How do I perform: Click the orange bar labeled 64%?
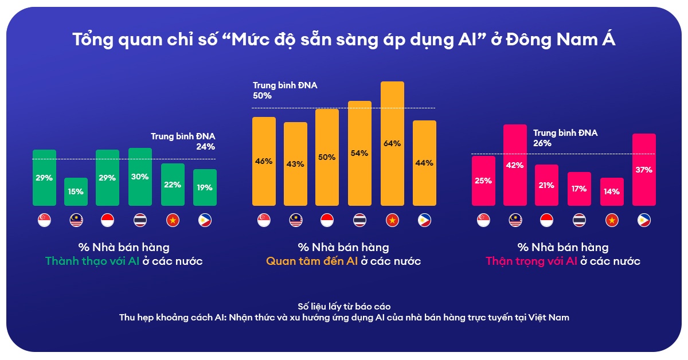(x=392, y=143)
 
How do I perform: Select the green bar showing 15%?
(x=76, y=191)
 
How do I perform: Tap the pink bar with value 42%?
(x=515, y=165)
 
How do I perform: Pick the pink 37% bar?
(x=644, y=170)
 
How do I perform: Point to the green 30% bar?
(x=140, y=177)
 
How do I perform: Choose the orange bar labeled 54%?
(x=360, y=153)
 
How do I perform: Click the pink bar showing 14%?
(x=612, y=191)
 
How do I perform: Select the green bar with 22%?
(x=173, y=184)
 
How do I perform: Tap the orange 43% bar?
(x=296, y=163)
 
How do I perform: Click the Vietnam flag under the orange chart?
(x=392, y=220)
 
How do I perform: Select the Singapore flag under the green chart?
(x=44, y=220)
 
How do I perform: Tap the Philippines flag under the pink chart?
(x=644, y=220)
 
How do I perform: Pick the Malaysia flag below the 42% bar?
(x=515, y=220)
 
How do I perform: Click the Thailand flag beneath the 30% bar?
(x=140, y=220)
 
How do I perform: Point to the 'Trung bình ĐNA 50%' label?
(x=285, y=91)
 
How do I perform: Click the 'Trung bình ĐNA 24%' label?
(x=183, y=141)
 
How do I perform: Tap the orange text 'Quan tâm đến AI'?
(x=312, y=261)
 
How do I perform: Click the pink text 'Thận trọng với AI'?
(x=531, y=261)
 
